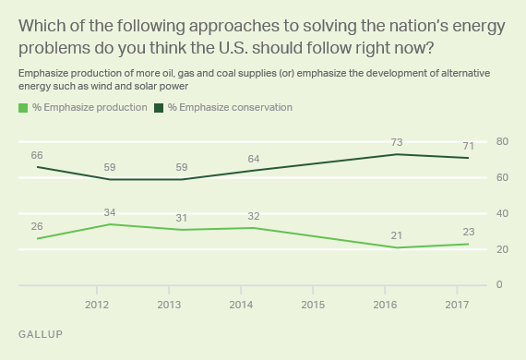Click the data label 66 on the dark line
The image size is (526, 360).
(39, 154)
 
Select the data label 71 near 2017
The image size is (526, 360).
(467, 145)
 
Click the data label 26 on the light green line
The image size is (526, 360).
(39, 226)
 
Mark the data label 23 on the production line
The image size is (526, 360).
(467, 232)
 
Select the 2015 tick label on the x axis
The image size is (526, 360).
(313, 304)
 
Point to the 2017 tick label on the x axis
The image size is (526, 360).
(457, 304)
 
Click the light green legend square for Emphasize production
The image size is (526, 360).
(22, 108)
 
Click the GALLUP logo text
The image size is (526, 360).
(41, 334)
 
